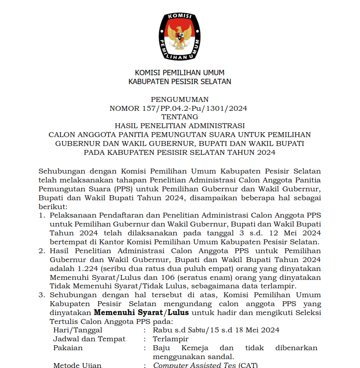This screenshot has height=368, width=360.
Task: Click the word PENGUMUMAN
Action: (180, 99)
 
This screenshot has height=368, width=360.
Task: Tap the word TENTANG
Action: (180, 117)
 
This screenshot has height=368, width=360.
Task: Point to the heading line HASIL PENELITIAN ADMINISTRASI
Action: (180, 126)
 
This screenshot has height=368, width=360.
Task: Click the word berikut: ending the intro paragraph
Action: (53, 207)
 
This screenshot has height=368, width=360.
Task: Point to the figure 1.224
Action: (88, 269)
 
